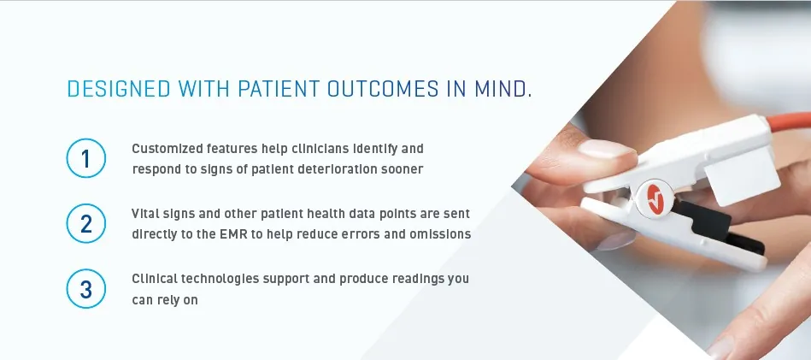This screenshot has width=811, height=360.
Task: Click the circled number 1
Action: tap(85, 158)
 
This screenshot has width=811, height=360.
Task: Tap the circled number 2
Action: tap(85, 223)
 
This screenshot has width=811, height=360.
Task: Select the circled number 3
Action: tap(85, 289)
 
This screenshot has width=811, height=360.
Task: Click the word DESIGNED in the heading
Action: tap(119, 90)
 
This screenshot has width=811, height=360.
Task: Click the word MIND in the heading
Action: tap(502, 90)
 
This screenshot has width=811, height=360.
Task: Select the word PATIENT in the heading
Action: tap(279, 90)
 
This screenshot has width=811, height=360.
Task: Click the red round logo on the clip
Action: tap(655, 198)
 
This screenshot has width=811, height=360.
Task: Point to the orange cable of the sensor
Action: tap(789, 121)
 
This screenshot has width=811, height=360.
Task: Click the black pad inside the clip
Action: tap(719, 227)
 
